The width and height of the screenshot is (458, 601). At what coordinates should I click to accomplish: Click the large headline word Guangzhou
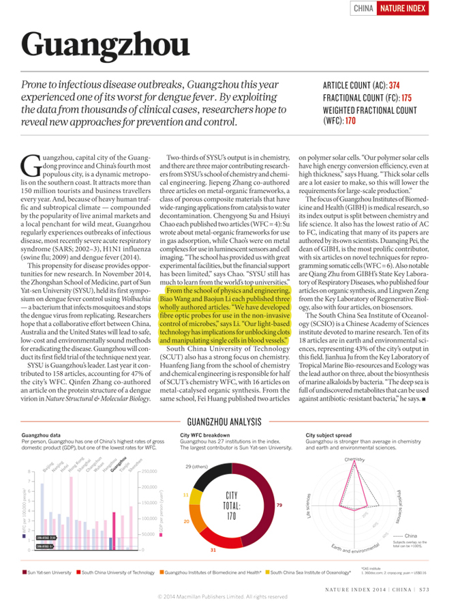[x=105, y=44]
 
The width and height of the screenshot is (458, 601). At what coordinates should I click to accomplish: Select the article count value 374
[x=394, y=86]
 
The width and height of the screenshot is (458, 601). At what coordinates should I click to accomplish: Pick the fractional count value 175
[x=406, y=98]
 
